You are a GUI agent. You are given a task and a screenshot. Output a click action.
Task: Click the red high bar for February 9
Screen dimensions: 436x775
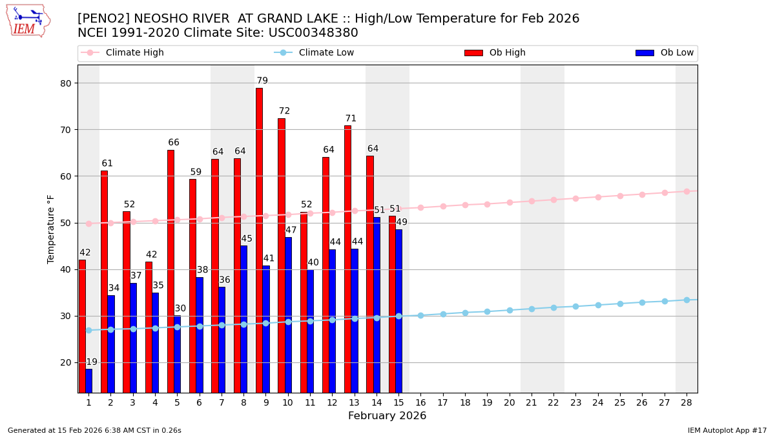pos(259,239)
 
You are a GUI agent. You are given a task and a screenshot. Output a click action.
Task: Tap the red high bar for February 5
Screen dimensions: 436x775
pos(170,271)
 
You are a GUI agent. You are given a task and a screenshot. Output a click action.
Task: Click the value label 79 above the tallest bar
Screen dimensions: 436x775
pos(262,81)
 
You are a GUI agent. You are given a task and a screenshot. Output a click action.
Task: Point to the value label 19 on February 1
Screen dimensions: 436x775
pos(92,362)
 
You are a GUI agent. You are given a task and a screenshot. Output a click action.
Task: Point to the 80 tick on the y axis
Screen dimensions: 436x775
pos(66,83)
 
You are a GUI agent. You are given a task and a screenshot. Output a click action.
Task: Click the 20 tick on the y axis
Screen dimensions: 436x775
pos(66,362)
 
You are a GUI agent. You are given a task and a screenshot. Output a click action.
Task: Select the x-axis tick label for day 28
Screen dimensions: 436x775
pos(687,402)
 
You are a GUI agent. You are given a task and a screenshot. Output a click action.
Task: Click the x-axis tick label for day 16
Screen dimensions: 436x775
pos(420,402)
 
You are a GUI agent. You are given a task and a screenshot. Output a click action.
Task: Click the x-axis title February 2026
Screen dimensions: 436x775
pos(387,416)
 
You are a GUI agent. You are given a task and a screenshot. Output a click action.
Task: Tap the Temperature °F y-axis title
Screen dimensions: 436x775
pos(52,229)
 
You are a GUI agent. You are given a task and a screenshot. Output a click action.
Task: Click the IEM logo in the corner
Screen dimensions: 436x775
pos(28,21)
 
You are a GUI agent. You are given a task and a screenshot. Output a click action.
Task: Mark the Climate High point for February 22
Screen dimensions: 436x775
pos(553,200)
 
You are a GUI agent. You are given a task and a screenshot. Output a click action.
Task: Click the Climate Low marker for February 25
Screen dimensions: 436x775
pos(620,304)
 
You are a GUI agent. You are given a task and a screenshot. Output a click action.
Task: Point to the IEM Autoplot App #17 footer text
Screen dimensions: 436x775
pos(727,430)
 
